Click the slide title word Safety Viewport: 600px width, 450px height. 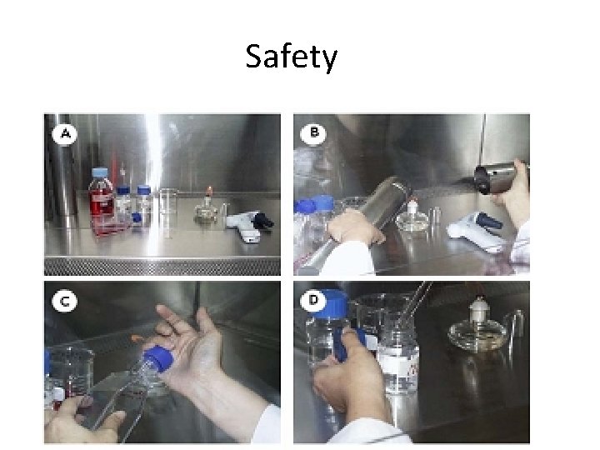pyautogui.click(x=291, y=57)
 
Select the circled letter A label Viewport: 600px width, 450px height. pyautogui.click(x=65, y=133)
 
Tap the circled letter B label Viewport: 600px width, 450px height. pyautogui.click(x=313, y=132)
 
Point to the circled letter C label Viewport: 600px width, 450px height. pyautogui.click(x=64, y=301)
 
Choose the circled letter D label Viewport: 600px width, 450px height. pyautogui.click(x=313, y=300)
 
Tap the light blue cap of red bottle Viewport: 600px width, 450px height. pyautogui.click(x=99, y=172)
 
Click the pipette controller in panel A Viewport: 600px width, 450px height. pyautogui.click(x=249, y=226)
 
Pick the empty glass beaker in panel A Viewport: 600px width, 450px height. pyautogui.click(x=167, y=212)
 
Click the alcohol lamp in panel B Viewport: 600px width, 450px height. pyautogui.click(x=412, y=217)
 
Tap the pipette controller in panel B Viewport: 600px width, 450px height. pyautogui.click(x=477, y=231)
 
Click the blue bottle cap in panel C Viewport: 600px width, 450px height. pyautogui.click(x=160, y=357)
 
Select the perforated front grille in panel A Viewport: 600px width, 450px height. pyautogui.click(x=162, y=267)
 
